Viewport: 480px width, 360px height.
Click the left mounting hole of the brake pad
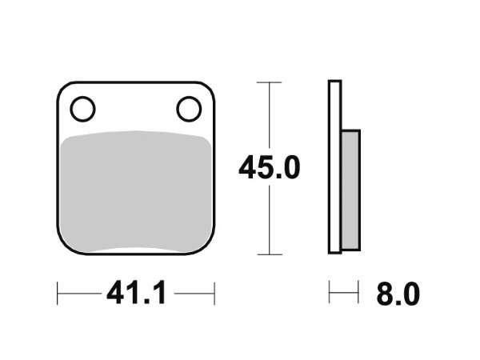tap(83, 109)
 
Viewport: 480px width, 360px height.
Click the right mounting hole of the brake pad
tap(190, 109)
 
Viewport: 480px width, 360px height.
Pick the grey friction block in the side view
tap(350, 189)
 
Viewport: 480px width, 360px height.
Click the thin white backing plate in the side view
tap(335, 167)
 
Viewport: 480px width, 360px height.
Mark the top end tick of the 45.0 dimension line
tap(270, 82)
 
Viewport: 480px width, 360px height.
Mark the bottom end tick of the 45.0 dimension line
tap(270, 254)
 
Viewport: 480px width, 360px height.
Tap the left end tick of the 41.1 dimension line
tap(58, 294)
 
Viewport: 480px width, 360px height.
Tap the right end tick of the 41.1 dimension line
tap(214, 294)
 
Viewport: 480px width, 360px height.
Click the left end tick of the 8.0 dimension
tap(330, 294)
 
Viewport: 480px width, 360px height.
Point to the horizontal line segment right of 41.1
tap(194, 294)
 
